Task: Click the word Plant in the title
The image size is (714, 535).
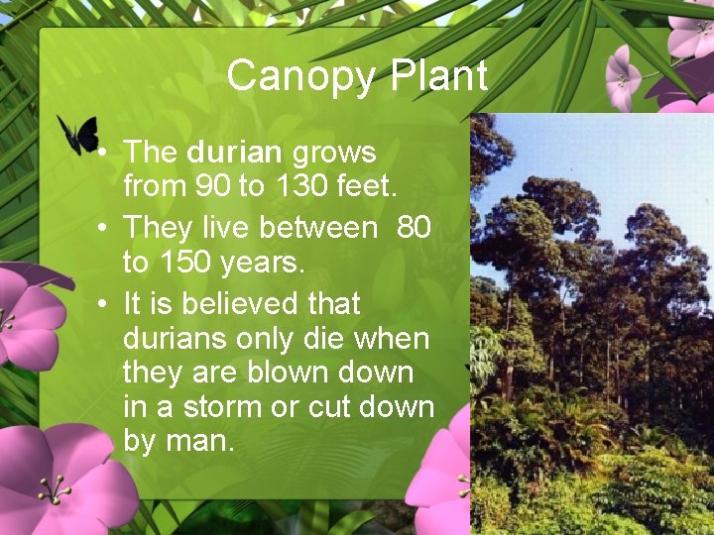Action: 439,76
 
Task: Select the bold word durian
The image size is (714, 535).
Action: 234,153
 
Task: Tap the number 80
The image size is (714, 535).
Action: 414,228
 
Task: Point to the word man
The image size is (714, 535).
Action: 200,441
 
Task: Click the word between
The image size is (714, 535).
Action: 317,228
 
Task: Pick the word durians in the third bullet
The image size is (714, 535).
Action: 174,339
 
